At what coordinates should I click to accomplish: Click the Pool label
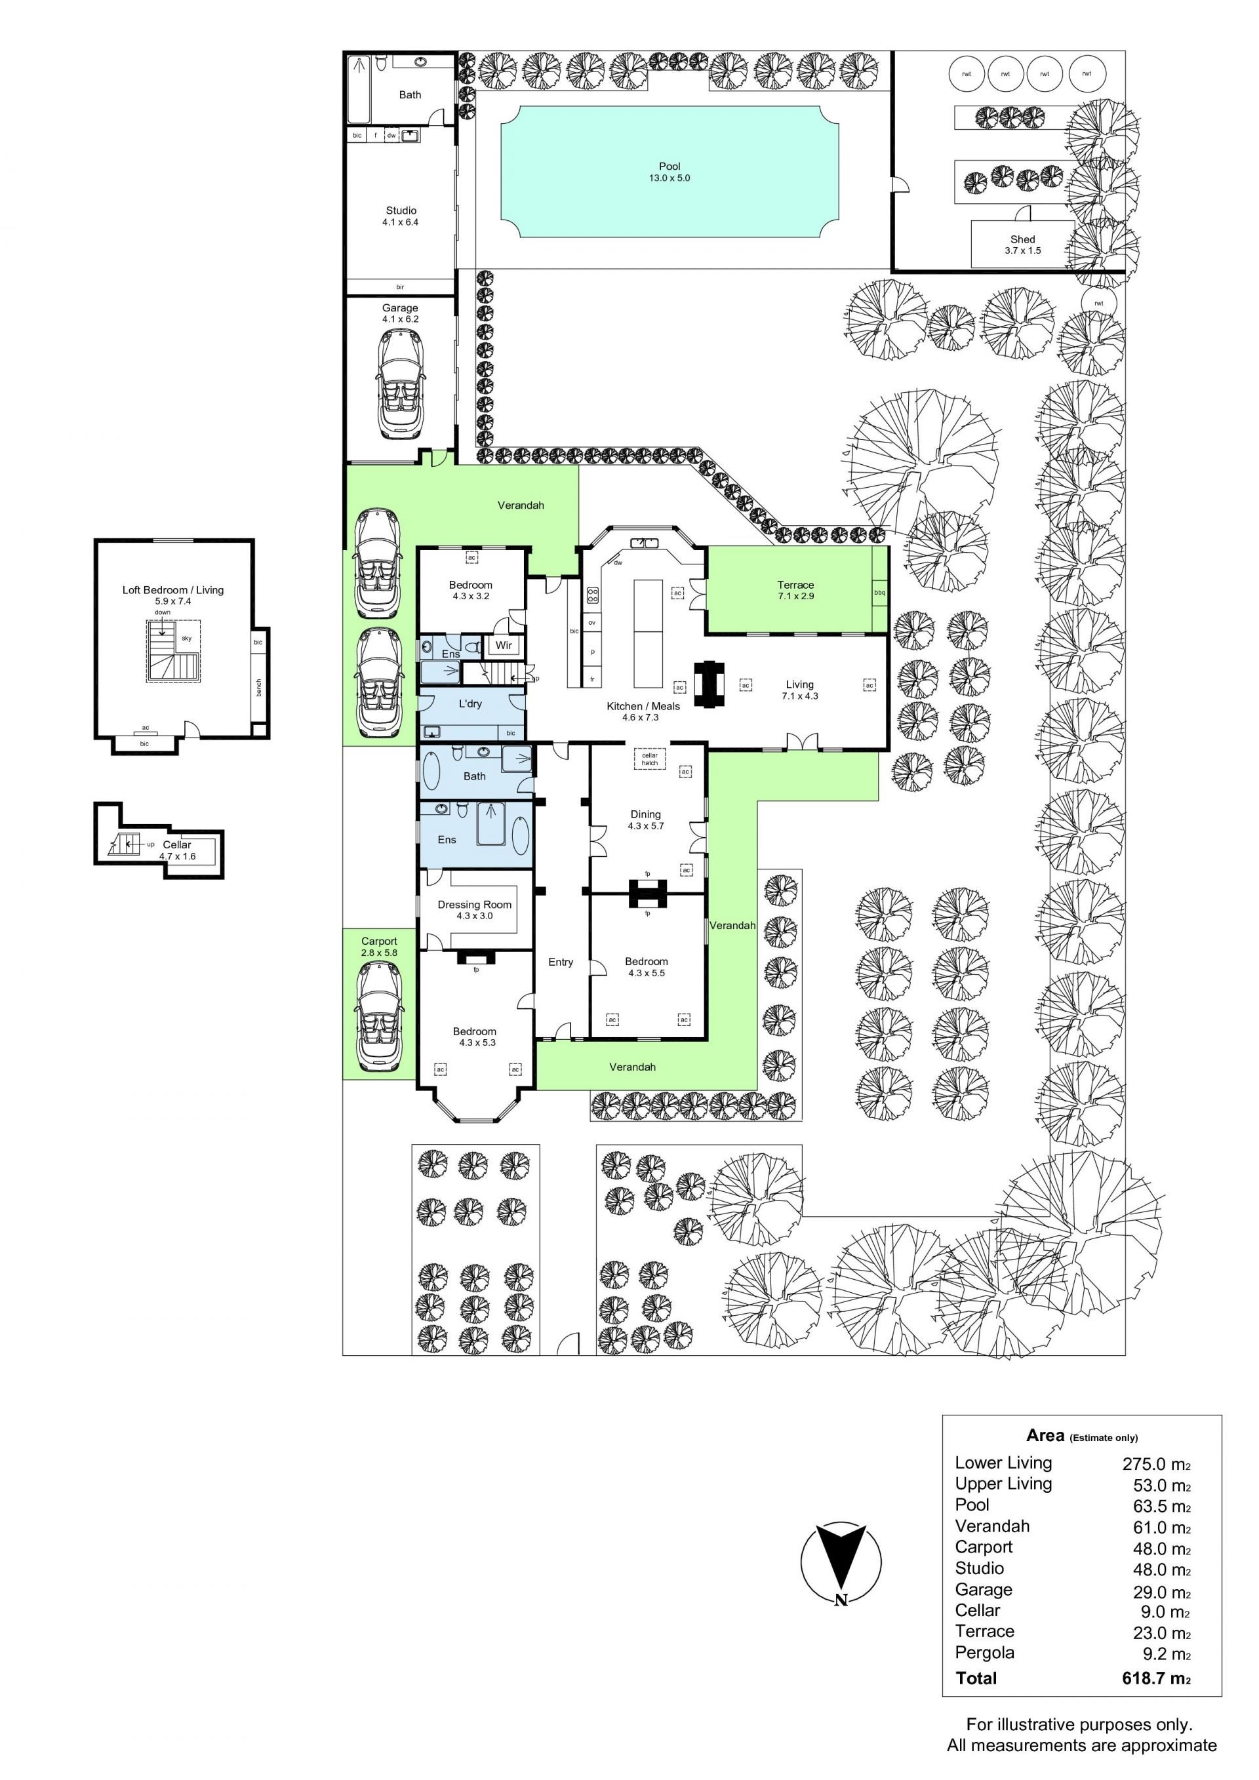669,166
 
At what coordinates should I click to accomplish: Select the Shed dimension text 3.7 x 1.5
1022,250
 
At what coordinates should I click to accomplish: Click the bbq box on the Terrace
879,592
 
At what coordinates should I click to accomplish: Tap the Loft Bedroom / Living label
173,590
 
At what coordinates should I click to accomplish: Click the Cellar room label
177,844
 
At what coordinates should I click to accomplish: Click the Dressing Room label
475,904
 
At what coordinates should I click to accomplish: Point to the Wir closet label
504,645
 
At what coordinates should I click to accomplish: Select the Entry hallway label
561,962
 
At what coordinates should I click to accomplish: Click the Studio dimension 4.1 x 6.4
400,222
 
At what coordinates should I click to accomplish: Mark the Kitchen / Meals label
643,706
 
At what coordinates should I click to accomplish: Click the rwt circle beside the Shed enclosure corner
1098,303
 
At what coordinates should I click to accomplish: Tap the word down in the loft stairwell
162,612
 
